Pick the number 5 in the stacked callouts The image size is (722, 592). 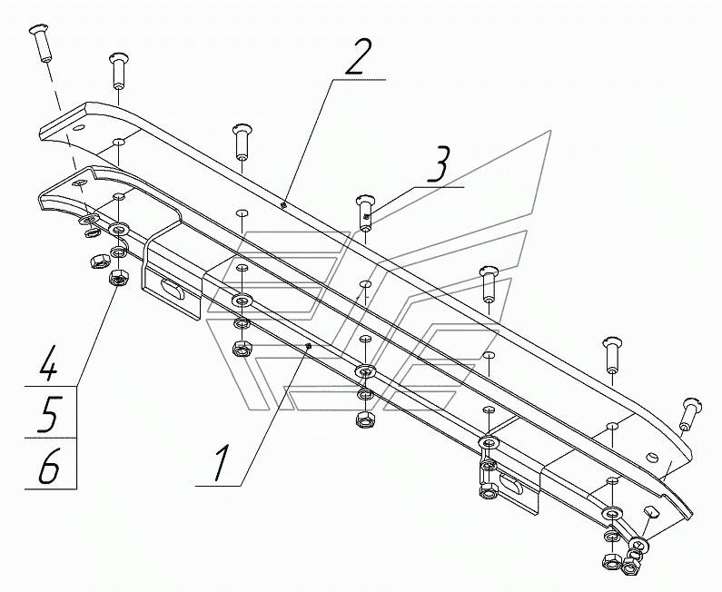point(49,415)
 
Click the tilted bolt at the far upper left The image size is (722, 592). point(41,44)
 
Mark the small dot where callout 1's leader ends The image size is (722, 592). point(309,346)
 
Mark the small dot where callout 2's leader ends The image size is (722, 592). point(284,205)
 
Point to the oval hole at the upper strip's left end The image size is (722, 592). point(79,127)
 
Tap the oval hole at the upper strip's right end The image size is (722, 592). point(653,457)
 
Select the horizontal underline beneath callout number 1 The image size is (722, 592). point(218,486)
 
